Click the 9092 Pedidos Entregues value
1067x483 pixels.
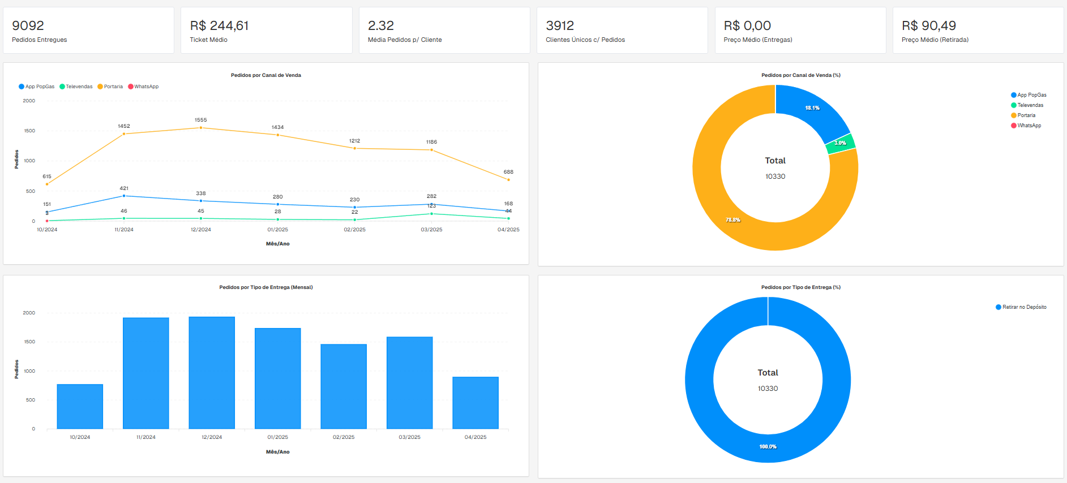click(28, 25)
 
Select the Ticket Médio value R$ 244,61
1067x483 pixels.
click(219, 25)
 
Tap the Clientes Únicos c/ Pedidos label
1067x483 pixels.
click(585, 40)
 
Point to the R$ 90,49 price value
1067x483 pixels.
click(928, 25)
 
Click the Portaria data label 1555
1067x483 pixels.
click(200, 120)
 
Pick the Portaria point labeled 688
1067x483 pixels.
click(508, 180)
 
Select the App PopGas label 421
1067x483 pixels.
click(124, 188)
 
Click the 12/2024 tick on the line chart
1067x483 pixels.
click(200, 230)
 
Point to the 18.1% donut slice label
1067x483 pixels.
click(812, 107)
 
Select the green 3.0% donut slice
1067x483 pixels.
click(841, 143)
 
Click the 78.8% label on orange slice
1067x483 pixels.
click(733, 219)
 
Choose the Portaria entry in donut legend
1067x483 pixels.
click(1026, 115)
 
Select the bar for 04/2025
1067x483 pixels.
click(475, 403)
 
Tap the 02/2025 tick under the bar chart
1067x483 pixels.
click(344, 437)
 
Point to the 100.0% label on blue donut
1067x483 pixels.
click(768, 446)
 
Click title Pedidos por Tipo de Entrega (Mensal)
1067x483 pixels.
click(265, 287)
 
